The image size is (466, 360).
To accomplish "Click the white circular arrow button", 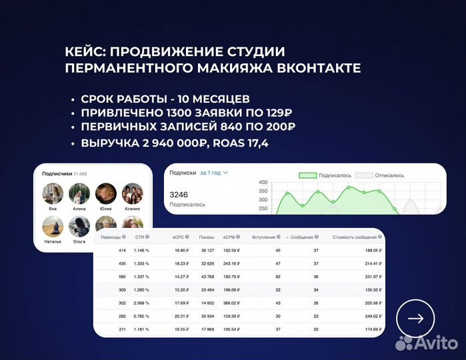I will click(415, 319).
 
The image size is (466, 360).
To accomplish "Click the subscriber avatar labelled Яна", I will click(53, 193).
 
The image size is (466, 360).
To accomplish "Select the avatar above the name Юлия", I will click(105, 193).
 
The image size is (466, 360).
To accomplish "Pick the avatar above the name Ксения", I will click(132, 193).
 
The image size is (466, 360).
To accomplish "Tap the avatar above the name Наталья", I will click(53, 226).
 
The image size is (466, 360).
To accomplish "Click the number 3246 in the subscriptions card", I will click(180, 195).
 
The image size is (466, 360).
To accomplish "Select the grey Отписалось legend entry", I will click(379, 175).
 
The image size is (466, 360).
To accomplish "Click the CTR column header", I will click(140, 237).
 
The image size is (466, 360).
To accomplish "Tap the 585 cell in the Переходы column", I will click(122, 276).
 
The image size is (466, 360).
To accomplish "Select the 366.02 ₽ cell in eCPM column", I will click(230, 303).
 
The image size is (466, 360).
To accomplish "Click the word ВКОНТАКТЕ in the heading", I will click(313, 68).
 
